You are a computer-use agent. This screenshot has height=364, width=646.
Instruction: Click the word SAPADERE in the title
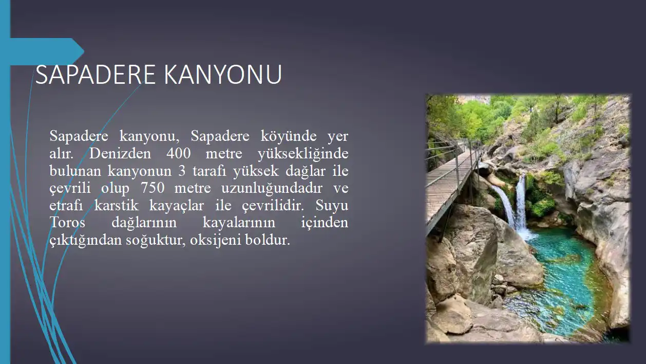[96, 75]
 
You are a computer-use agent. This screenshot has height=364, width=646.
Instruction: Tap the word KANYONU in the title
[223, 75]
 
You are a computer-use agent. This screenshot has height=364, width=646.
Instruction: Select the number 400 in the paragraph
[179, 153]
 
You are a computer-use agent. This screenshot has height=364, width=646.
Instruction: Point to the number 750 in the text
[153, 188]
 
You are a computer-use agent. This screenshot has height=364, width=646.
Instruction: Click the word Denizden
[120, 153]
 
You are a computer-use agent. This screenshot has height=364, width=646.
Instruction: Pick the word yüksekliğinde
[303, 154]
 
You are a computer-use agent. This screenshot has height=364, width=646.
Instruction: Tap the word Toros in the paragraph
[67, 223]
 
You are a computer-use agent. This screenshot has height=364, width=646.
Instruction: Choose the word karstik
[117, 205]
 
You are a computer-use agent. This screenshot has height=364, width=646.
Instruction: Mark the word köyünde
[289, 136]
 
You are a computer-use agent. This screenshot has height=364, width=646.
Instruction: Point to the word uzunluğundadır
[272, 189]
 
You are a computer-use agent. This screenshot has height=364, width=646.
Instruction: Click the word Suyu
[332, 206]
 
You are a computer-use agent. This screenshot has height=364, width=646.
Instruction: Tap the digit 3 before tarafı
[182, 171]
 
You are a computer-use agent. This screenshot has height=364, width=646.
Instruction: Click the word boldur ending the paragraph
[268, 240]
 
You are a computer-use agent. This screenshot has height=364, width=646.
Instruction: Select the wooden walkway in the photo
[450, 185]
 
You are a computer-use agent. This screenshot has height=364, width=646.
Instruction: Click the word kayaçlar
[177, 206]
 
